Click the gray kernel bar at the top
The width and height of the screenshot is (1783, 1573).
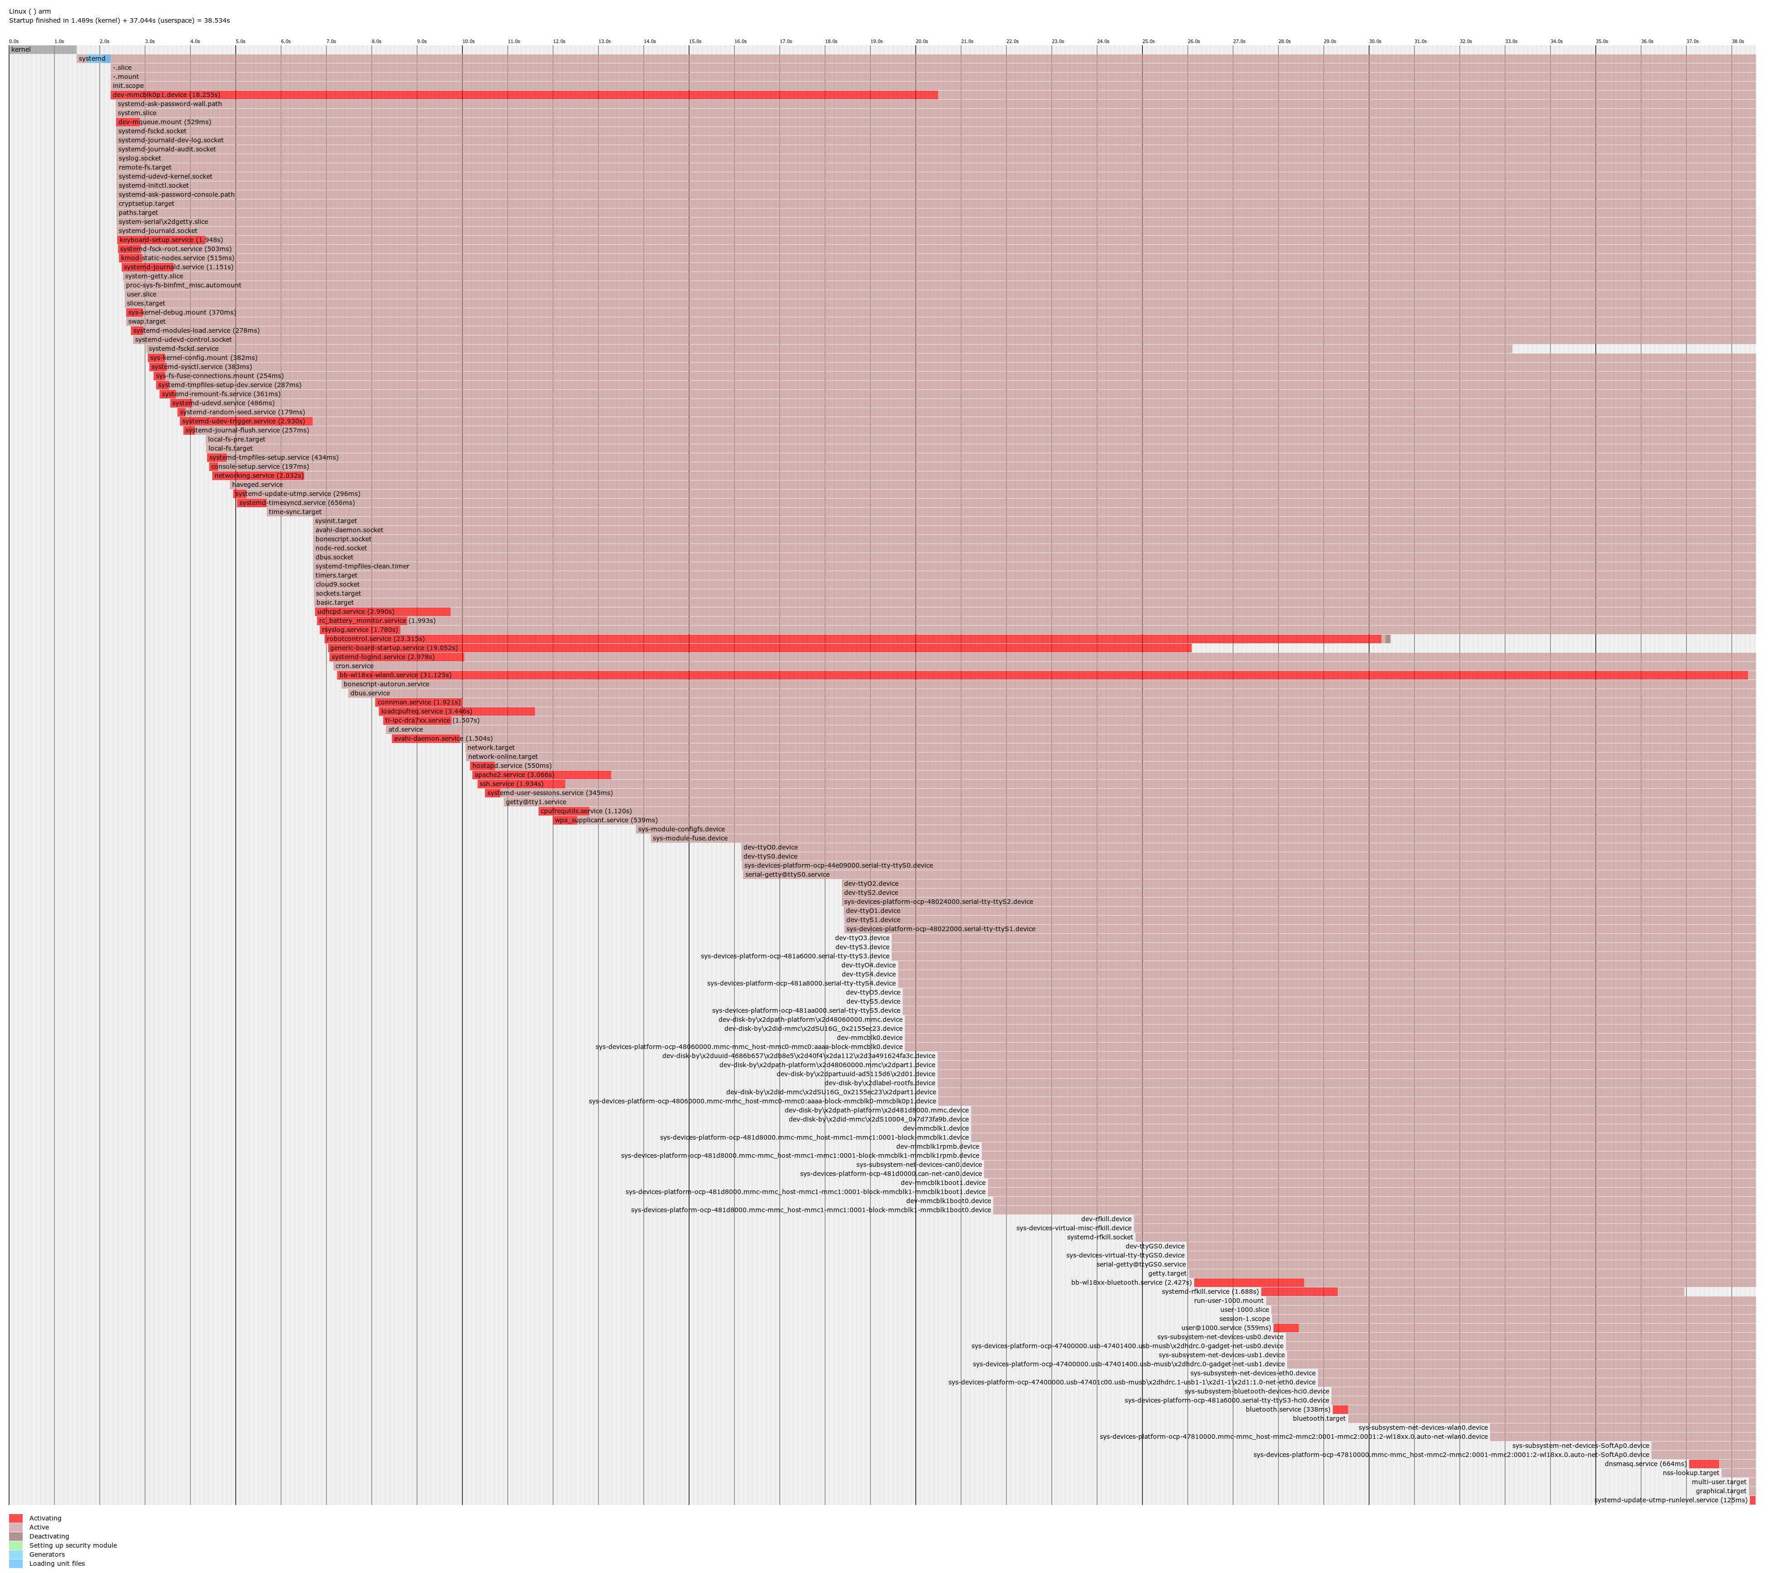[42, 50]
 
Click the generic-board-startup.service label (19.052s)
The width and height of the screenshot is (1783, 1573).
[394, 648]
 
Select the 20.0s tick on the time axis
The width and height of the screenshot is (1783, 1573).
[921, 41]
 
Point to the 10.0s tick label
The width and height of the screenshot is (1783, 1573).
[468, 41]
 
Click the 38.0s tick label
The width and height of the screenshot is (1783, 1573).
[1737, 41]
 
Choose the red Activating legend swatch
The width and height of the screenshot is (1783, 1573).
[16, 1518]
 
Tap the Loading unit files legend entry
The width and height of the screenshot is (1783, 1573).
[57, 1563]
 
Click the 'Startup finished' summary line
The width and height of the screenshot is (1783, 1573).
[120, 20]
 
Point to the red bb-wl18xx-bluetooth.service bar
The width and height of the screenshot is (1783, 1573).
[1248, 1282]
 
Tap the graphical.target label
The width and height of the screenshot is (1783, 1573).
[1720, 1491]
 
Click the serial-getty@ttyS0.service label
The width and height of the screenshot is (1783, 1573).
[787, 874]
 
